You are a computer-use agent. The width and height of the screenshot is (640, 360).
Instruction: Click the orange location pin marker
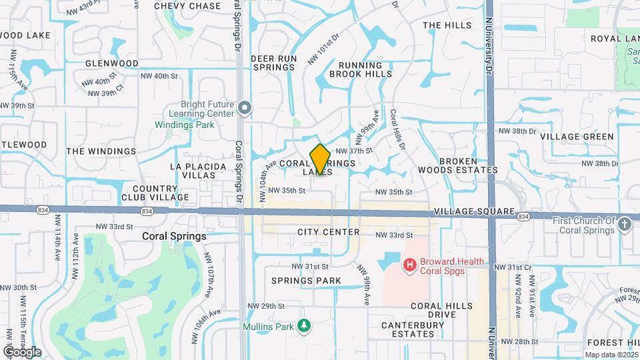click(321, 159)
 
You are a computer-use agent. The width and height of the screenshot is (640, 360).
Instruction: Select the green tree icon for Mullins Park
click(304, 325)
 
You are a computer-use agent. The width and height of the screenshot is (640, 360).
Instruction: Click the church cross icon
click(625, 225)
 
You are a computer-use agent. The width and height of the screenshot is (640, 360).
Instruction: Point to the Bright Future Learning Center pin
click(245, 107)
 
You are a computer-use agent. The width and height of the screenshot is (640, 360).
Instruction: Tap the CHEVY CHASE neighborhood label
click(187, 6)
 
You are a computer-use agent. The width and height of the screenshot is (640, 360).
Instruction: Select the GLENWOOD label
click(112, 63)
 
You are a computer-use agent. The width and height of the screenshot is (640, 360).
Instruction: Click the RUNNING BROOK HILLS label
click(365, 69)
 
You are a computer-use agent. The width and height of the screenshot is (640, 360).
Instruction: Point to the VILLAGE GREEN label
click(577, 137)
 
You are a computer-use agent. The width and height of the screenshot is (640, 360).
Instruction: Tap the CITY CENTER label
click(329, 232)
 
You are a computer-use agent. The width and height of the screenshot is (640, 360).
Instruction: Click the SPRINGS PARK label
click(297, 281)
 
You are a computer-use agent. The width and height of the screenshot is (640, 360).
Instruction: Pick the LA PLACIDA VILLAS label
click(193, 170)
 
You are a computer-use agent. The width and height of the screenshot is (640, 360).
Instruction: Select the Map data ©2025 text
click(611, 354)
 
